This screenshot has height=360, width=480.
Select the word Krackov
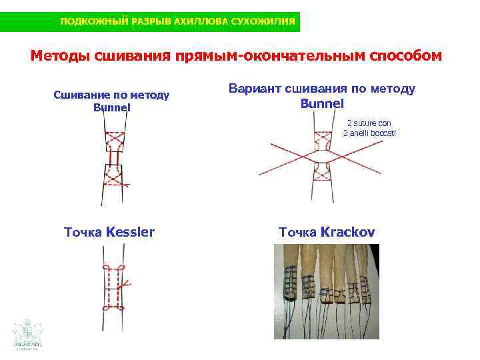coord(347,232)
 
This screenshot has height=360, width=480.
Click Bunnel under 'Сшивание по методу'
coord(112,107)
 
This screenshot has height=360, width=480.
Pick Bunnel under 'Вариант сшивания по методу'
coord(322,103)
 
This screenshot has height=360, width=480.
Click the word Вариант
coord(255,88)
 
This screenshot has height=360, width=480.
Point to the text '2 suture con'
coord(369,123)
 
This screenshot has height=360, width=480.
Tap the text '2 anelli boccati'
coord(369,133)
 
